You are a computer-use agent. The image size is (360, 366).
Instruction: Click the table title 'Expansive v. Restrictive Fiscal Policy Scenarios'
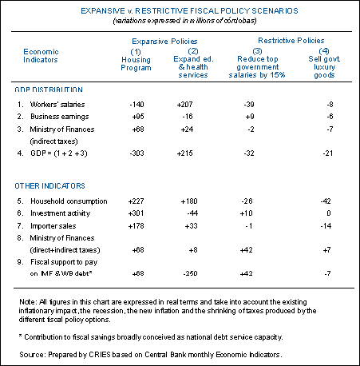(x=189, y=11)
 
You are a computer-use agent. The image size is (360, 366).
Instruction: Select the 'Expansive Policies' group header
(x=164, y=42)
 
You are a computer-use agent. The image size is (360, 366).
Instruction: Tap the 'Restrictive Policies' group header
(x=291, y=41)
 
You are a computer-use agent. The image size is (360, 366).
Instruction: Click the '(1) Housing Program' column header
(x=136, y=60)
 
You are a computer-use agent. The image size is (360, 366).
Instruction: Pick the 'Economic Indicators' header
(x=41, y=56)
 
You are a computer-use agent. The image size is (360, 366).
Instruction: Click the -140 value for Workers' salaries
(x=136, y=104)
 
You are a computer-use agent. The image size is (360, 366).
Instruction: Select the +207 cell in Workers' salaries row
(x=184, y=104)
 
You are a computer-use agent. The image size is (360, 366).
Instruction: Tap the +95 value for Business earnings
(x=138, y=117)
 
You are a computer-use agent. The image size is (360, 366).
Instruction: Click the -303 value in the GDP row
(x=136, y=153)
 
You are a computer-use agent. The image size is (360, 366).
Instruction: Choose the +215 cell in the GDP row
(x=184, y=153)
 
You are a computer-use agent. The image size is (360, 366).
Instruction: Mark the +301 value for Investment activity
(x=136, y=213)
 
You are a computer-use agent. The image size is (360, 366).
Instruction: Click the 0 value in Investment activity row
(x=329, y=213)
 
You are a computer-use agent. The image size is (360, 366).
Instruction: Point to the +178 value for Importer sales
(x=136, y=226)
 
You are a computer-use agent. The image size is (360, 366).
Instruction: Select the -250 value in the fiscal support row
(x=190, y=273)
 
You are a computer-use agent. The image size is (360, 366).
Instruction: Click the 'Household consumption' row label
(x=69, y=201)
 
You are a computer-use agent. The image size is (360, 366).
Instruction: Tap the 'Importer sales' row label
(x=53, y=226)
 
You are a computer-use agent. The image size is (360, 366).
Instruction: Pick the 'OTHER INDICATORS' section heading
(x=49, y=185)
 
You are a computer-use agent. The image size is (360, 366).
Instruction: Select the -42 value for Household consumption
(x=326, y=201)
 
